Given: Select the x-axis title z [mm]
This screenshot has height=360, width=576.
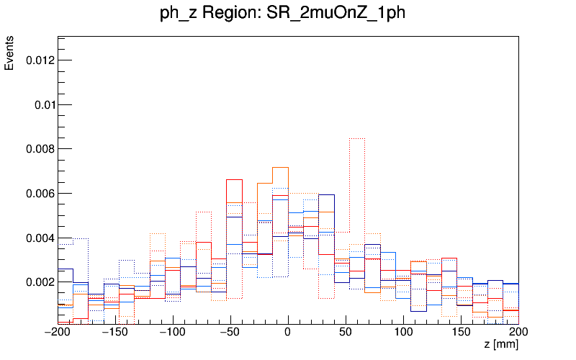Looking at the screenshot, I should [501, 345].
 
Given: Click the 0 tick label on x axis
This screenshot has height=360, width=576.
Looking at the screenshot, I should [288, 332].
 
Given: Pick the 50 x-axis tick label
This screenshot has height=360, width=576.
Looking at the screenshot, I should [346, 332].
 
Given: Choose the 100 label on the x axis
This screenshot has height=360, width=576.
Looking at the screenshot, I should [403, 332].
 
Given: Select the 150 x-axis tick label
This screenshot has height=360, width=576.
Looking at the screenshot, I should [461, 332].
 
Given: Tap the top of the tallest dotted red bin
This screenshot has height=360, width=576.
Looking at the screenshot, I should [358, 138].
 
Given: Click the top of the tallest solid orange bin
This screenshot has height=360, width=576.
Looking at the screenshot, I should [280, 167].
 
